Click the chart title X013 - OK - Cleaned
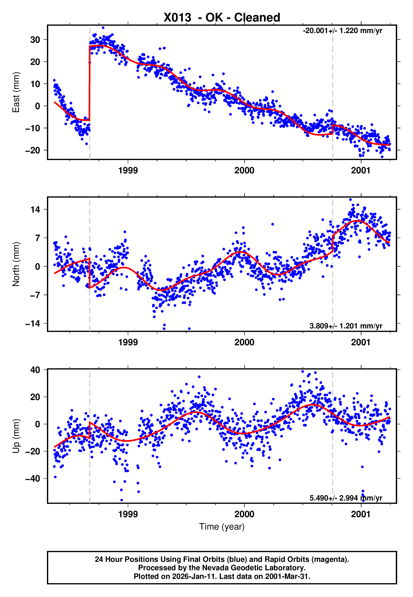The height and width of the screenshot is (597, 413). (222, 18)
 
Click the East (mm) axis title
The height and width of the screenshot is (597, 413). (16, 92)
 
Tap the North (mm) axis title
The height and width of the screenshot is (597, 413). (16, 264)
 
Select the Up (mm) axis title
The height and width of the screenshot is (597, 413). (16, 436)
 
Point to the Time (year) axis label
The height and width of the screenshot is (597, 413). (222, 527)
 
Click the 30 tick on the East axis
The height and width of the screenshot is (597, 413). (35, 40)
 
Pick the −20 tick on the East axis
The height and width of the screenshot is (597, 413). (33, 150)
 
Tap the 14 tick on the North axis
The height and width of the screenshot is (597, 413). (35, 209)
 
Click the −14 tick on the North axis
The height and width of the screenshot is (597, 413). (33, 324)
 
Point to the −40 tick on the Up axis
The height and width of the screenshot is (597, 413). (33, 479)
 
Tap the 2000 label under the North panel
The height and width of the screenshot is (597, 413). (244, 343)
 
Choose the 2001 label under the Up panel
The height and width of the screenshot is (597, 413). (361, 514)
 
